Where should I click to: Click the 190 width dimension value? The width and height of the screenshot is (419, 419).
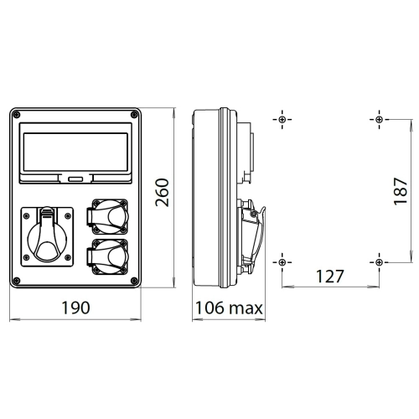(x=75, y=308)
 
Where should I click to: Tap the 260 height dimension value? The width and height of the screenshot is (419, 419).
(x=163, y=193)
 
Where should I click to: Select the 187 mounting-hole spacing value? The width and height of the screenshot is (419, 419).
(x=401, y=191)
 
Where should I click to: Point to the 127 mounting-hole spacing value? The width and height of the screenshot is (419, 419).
(x=329, y=277)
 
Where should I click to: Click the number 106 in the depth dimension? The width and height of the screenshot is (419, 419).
(x=209, y=308)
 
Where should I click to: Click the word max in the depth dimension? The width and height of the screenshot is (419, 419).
(x=246, y=309)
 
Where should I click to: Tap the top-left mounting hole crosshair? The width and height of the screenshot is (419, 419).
(x=282, y=120)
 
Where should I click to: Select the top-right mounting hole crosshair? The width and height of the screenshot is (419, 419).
(x=379, y=120)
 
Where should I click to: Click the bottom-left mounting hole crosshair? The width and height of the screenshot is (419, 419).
(x=282, y=262)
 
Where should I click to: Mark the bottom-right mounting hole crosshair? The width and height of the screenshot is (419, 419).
(x=379, y=262)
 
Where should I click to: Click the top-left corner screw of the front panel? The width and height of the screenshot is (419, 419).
(x=17, y=115)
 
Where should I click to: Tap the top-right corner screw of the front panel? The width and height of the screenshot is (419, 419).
(x=134, y=115)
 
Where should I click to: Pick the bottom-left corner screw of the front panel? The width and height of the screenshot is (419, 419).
(x=17, y=281)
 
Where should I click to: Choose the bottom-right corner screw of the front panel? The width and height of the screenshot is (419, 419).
(x=134, y=281)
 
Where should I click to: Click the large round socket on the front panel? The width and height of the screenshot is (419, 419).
(x=47, y=237)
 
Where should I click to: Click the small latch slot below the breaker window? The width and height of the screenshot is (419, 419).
(x=75, y=179)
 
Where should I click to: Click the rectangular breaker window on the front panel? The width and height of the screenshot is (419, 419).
(x=75, y=153)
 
